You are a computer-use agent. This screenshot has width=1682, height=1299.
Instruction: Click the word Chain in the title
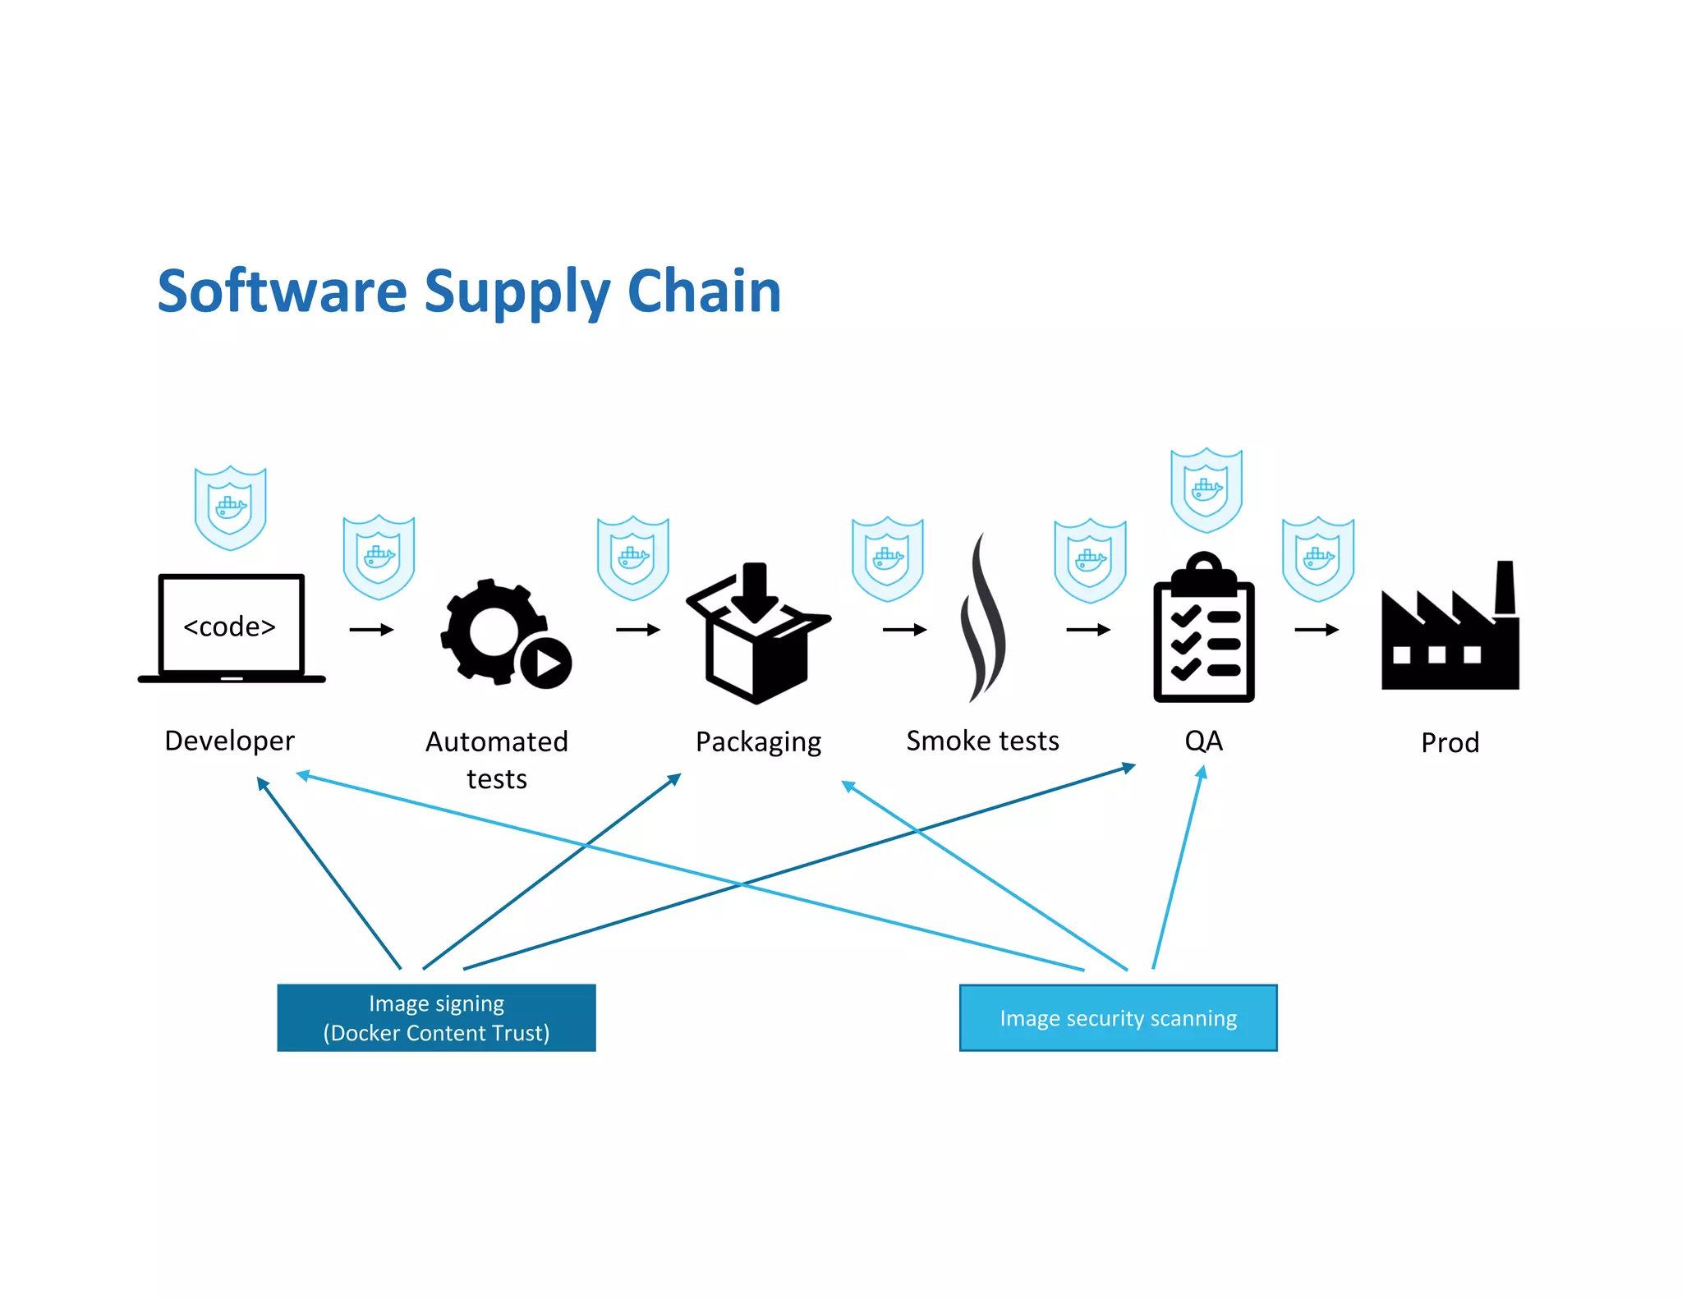pyautogui.click(x=704, y=291)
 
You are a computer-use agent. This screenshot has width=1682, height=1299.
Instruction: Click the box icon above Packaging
pyautogui.click(x=757, y=636)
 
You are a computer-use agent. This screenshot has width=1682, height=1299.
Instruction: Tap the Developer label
pyautogui.click(x=229, y=741)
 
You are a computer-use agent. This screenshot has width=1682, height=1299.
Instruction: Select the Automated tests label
pyautogui.click(x=497, y=760)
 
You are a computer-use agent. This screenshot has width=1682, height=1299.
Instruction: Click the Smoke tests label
pyautogui.click(x=982, y=741)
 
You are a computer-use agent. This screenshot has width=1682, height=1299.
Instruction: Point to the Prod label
pyautogui.click(x=1450, y=743)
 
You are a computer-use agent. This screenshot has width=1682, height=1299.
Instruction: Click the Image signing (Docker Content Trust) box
pyautogui.click(x=436, y=1017)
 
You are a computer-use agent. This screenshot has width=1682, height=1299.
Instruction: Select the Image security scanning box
pyautogui.click(x=1118, y=1018)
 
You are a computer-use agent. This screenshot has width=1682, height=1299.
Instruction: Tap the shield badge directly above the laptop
pyautogui.click(x=230, y=507)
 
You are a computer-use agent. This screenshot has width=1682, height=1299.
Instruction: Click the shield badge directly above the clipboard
pyautogui.click(x=1206, y=490)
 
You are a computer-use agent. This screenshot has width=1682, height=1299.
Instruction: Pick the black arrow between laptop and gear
pyautogui.click(x=371, y=630)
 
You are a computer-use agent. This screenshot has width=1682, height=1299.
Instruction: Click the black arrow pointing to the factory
pyautogui.click(x=1316, y=630)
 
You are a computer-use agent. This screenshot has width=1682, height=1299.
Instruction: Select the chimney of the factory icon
pyautogui.click(x=1505, y=586)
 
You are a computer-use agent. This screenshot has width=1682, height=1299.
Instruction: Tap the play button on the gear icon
pyautogui.click(x=546, y=662)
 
